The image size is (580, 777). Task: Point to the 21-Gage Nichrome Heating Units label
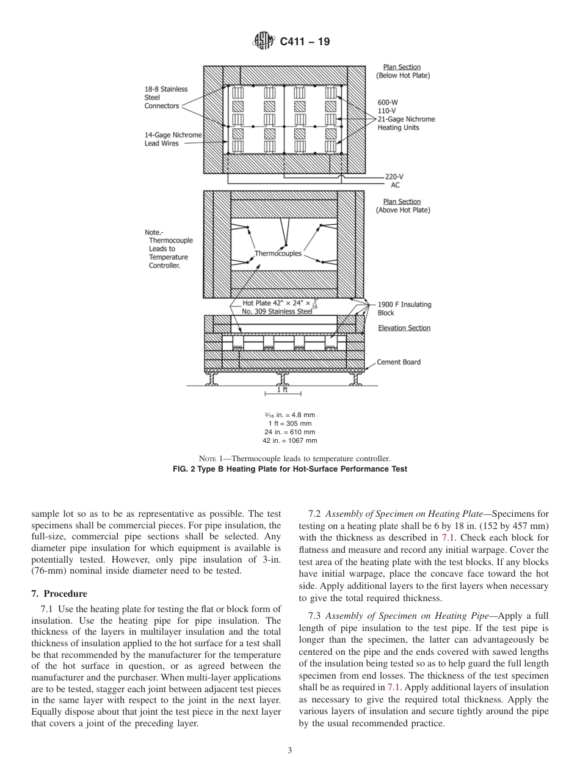click(405, 123)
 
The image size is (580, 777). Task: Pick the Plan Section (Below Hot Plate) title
click(402, 71)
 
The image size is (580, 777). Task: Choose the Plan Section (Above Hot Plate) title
click(402, 206)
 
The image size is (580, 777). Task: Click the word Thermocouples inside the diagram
click(278, 254)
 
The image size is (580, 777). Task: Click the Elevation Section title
click(404, 328)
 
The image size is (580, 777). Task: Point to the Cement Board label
click(399, 362)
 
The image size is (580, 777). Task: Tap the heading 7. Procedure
click(59, 594)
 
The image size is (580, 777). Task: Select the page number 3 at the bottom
click(289, 751)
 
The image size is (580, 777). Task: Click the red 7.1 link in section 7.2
click(448, 538)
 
